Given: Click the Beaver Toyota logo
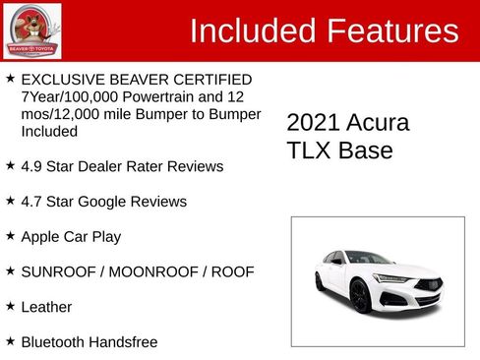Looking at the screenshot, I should pyautogui.click(x=31, y=31).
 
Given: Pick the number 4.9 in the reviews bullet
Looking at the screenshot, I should pyautogui.click(x=32, y=167).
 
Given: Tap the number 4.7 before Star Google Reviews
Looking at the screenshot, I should pyautogui.click(x=32, y=202).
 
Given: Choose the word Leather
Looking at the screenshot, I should pyautogui.click(x=47, y=307).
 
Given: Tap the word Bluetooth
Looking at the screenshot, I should pyautogui.click(x=56, y=342).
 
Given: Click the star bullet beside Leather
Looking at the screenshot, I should pyautogui.click(x=10, y=306).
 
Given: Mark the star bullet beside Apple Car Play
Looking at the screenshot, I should pyautogui.click(x=10, y=236).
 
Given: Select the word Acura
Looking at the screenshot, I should pyautogui.click(x=377, y=123).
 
